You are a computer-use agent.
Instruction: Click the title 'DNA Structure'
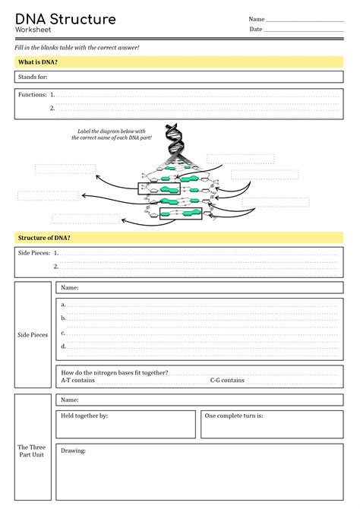point(65,18)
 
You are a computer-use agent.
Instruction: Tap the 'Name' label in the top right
point(257,19)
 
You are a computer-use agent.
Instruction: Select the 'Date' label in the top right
point(256,30)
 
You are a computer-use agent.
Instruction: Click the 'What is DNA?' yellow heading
point(39,62)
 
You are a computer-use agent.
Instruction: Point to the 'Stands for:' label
point(33,77)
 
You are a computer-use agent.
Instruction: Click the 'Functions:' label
point(32,95)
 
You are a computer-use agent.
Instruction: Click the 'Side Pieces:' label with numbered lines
point(33,253)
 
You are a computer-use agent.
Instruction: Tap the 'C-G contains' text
point(227,381)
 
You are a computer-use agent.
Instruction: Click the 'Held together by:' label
point(84,416)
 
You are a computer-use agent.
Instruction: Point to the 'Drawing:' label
point(74,451)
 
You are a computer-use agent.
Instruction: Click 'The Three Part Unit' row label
point(32,452)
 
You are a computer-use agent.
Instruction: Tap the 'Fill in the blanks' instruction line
point(77,47)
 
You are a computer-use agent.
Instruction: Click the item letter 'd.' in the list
point(64,346)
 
